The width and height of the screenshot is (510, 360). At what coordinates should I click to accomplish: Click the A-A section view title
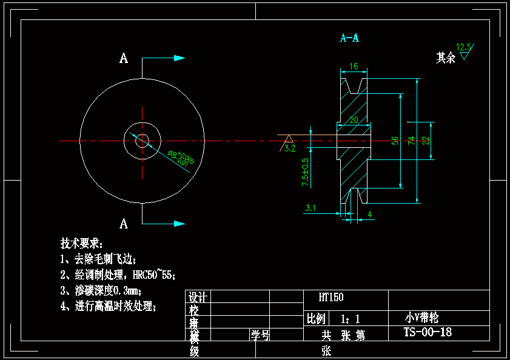pos(349,38)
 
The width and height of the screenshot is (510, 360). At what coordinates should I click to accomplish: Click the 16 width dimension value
pos(354,66)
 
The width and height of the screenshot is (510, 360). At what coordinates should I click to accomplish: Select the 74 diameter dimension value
pos(411,140)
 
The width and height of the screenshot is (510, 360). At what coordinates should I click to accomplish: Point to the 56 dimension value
pos(395,140)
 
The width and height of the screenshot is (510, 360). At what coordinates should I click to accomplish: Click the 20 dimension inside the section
pos(354,119)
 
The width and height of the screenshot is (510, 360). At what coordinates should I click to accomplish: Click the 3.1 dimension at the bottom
pos(310,208)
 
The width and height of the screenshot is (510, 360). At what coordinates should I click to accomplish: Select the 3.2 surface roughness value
pos(290,147)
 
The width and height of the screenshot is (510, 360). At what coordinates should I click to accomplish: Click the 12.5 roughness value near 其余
pos(464,47)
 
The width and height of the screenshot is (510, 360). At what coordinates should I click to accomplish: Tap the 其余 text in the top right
pos(446,58)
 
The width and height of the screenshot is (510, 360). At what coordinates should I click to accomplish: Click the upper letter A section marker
pos(124,59)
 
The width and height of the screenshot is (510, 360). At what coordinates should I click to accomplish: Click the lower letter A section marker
pos(124,224)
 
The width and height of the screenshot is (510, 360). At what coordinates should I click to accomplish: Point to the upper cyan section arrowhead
pos(179,58)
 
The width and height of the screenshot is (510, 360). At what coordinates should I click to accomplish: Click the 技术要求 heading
pos(82,244)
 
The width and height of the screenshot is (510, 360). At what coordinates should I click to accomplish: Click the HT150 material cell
pos(331,298)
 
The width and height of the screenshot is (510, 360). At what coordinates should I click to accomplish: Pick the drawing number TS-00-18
pos(428,332)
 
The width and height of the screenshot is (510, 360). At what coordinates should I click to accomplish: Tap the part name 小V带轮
pos(421,318)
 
